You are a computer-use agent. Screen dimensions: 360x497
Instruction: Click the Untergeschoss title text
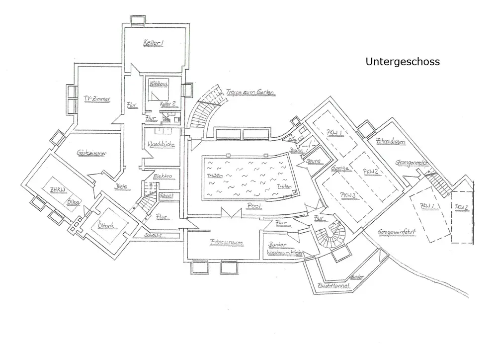tap(403, 62)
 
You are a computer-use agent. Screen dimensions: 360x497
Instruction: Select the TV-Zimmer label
tap(97, 99)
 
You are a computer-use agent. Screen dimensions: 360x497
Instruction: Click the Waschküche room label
tap(161, 145)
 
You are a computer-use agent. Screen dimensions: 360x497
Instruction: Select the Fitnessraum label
tap(226, 243)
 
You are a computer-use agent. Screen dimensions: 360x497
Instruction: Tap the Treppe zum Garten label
tap(250, 92)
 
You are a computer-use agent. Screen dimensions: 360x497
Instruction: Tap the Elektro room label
tap(163, 177)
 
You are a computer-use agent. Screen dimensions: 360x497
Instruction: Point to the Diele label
tap(121, 186)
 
